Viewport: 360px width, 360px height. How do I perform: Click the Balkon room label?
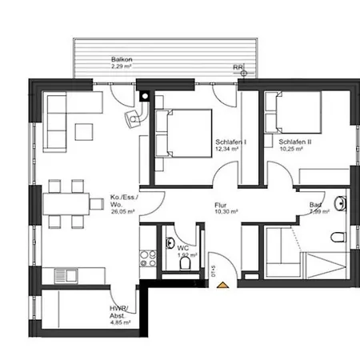(122, 59)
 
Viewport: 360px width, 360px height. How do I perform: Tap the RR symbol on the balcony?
(238, 67)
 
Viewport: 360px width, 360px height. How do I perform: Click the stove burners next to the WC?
(147, 258)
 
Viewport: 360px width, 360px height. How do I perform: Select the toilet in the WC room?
(186, 262)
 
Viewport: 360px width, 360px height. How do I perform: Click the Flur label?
(221, 205)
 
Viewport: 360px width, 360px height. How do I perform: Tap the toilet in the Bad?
(338, 236)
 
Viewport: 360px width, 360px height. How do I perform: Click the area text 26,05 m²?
(122, 211)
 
